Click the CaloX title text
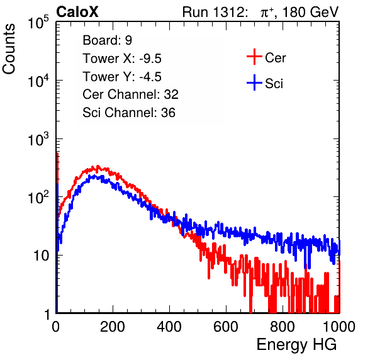click(x=77, y=12)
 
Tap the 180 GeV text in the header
click(x=310, y=12)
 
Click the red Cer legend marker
click(x=254, y=57)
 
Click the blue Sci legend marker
click(x=254, y=82)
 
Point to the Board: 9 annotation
click(x=107, y=40)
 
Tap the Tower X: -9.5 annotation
click(x=122, y=59)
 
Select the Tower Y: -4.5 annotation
click(x=122, y=77)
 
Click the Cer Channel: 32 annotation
click(x=131, y=94)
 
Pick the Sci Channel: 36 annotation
click(x=129, y=113)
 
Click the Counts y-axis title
click(x=9, y=49)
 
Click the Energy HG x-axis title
click(x=296, y=345)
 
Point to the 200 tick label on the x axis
click(x=113, y=327)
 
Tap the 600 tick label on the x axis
click(x=226, y=327)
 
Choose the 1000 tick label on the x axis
click(x=339, y=327)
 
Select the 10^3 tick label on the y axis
click(x=38, y=139)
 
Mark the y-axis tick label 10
click(x=42, y=256)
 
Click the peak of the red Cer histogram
click(x=98, y=166)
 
